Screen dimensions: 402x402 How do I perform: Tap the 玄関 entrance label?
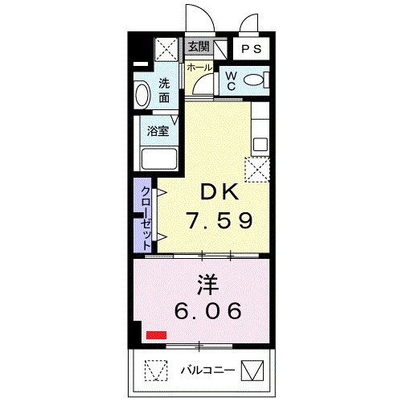pos(199,47)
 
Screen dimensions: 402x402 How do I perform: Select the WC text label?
pos(230,80)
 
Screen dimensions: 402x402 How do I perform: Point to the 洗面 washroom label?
pos(164,90)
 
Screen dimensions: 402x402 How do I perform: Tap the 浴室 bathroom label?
pos(158,129)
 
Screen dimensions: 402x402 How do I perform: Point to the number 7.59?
pos(219,219)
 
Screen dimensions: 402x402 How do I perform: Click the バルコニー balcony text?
pos(206,371)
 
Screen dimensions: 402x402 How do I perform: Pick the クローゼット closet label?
pos(146,213)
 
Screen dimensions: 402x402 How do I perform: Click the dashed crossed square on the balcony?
pos(154,371)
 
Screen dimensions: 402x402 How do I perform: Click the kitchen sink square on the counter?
pos(260,145)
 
